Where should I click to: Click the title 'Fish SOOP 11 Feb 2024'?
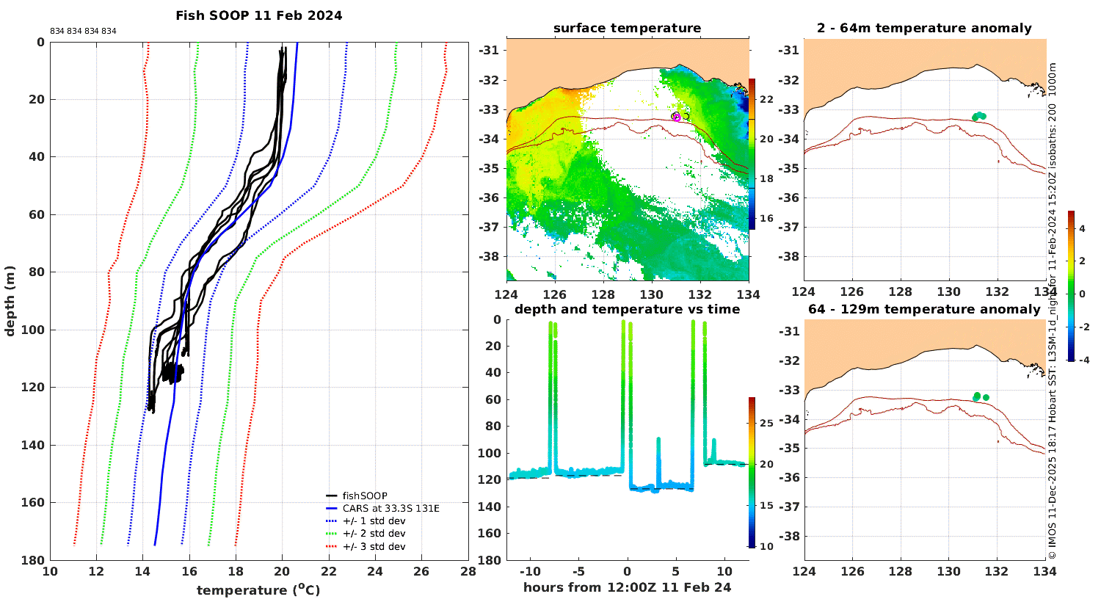click(x=259, y=15)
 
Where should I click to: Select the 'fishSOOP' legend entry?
click(x=365, y=496)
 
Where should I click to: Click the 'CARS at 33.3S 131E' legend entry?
click(x=390, y=508)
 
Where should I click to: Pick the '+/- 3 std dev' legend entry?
click(x=374, y=546)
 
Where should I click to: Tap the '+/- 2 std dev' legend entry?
click(x=374, y=534)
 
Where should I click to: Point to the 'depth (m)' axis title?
click(x=10, y=301)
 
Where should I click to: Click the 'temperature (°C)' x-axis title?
click(x=258, y=590)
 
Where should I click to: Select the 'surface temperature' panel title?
click(x=627, y=28)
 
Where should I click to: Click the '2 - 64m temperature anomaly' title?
click(x=924, y=28)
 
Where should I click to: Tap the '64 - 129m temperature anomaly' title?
click(x=924, y=309)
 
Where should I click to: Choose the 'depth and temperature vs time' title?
click(x=627, y=309)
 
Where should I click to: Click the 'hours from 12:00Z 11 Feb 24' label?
click(x=627, y=587)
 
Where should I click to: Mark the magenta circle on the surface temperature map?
click(x=677, y=118)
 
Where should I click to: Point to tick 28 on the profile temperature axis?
click(x=468, y=571)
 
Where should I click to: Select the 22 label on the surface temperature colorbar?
click(x=766, y=99)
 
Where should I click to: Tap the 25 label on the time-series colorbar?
click(x=766, y=423)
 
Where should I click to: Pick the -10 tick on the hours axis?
click(x=531, y=571)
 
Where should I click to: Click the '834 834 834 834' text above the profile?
click(x=83, y=32)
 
